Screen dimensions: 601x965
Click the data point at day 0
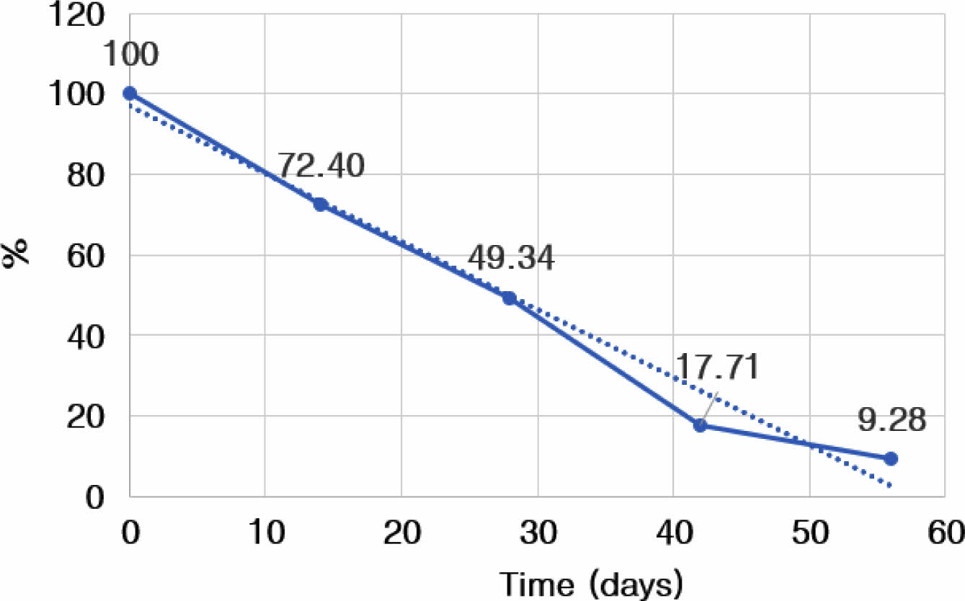(130, 93)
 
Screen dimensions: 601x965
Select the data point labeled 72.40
(320, 205)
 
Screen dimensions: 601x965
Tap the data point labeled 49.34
(510, 298)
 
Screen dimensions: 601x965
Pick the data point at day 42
(700, 425)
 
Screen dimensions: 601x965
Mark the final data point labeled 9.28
(890, 458)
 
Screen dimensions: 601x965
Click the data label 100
(131, 54)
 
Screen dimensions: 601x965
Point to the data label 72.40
(321, 166)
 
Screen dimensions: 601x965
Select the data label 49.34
(511, 258)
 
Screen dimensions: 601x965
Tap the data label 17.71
(717, 368)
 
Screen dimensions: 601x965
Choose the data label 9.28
(891, 419)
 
